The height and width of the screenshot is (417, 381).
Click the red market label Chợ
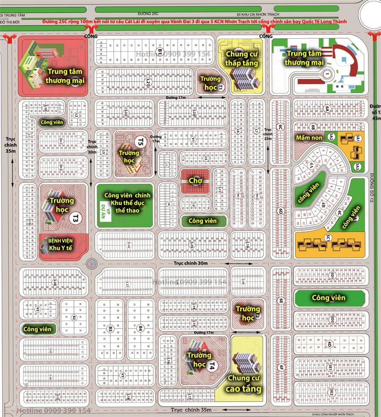(193, 180)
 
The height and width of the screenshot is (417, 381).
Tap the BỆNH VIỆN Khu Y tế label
(60, 244)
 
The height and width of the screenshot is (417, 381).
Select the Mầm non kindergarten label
(309, 137)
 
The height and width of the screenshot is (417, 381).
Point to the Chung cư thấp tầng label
(241, 58)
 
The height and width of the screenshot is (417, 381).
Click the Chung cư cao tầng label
(244, 383)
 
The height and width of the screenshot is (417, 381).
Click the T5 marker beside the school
(140, 141)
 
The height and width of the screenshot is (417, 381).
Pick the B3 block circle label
(110, 328)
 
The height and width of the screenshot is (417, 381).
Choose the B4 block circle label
(140, 328)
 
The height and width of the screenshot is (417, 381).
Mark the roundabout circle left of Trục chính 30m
(91, 263)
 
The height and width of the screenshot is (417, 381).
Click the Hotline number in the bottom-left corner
(46, 410)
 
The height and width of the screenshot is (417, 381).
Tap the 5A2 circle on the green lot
(331, 137)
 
